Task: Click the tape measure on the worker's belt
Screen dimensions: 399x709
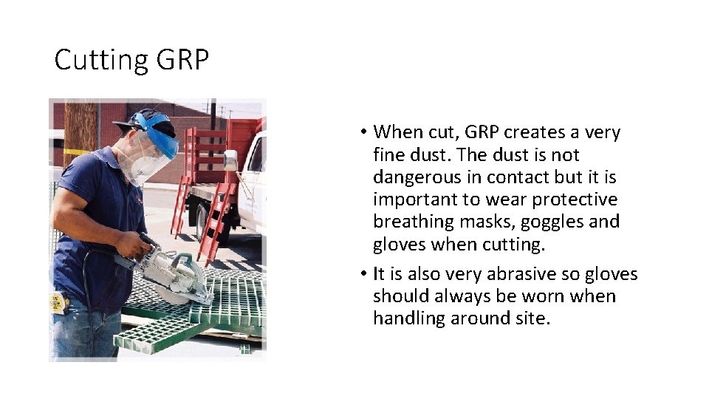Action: point(56,302)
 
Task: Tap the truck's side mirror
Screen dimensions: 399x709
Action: point(231,158)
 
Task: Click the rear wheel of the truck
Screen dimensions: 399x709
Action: point(202,221)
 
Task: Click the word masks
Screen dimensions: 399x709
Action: point(487,222)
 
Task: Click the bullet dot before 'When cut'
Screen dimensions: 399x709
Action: point(366,134)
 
